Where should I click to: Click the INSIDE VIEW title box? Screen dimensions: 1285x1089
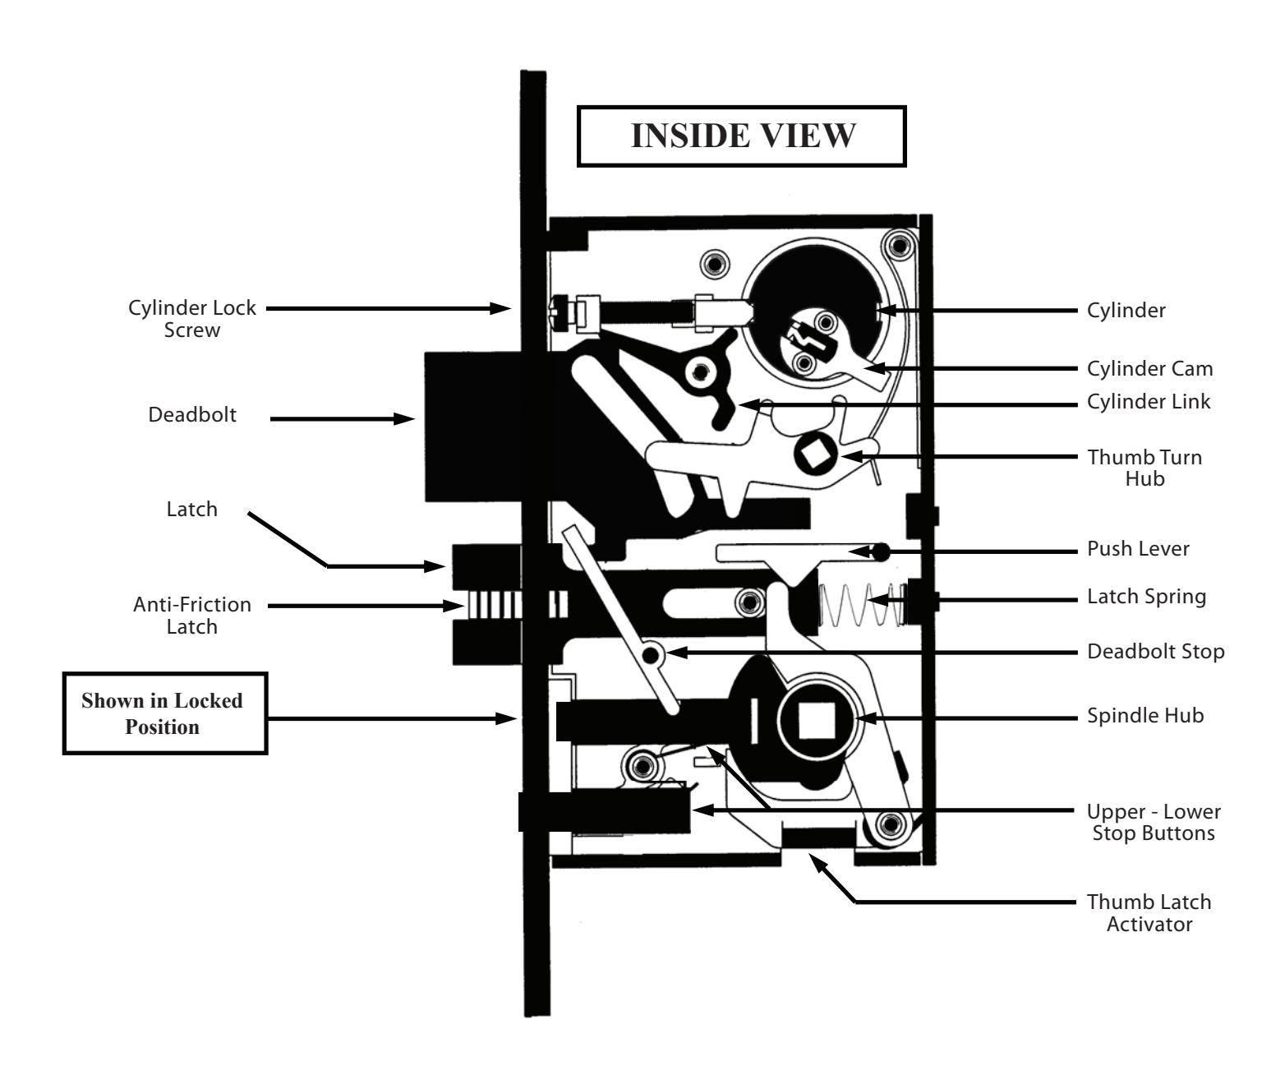(x=741, y=136)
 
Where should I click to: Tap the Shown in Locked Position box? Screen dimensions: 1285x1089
(x=165, y=713)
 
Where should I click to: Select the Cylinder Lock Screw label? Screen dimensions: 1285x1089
(x=192, y=318)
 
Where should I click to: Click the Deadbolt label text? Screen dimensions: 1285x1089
(x=192, y=415)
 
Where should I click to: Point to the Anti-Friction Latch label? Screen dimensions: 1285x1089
(x=192, y=616)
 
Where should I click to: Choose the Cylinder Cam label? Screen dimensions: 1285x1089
(x=1149, y=369)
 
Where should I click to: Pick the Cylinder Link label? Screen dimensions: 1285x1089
(x=1149, y=402)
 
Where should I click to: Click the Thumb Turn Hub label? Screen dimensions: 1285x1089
(x=1145, y=468)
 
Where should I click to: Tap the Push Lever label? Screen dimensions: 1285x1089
(x=1138, y=548)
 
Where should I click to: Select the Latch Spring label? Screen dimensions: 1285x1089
(x=1146, y=597)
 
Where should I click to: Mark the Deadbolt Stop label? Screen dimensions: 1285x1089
(x=1156, y=651)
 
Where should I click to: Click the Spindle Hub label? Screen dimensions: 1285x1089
(x=1145, y=715)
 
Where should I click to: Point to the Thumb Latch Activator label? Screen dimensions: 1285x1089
(x=1149, y=913)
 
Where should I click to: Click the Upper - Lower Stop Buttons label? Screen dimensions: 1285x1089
(x=1154, y=822)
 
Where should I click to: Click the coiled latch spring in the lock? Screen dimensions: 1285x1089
(x=862, y=605)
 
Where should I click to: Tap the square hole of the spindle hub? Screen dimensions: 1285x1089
(x=816, y=721)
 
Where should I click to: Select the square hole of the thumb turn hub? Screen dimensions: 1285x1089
(x=816, y=455)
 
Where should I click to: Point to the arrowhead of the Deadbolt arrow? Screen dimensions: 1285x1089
(x=404, y=418)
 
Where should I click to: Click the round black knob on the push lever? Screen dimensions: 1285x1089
(x=881, y=551)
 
